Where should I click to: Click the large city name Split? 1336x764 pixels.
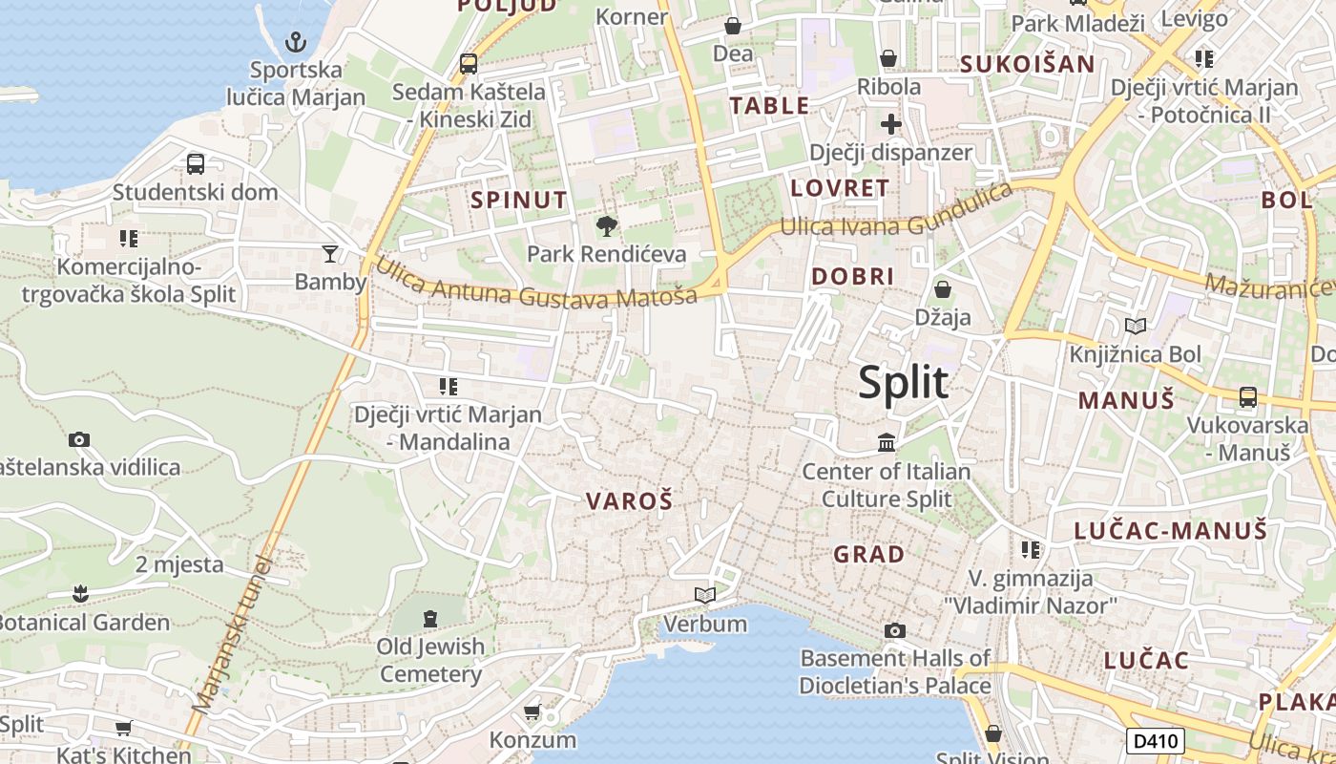(x=903, y=382)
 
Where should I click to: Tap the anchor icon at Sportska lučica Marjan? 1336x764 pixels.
(x=296, y=42)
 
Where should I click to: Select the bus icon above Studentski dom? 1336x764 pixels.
(x=196, y=163)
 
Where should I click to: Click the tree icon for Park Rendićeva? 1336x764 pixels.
(x=606, y=226)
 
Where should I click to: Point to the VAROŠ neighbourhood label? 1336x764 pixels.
(x=629, y=500)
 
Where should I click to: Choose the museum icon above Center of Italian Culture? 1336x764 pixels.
(x=887, y=443)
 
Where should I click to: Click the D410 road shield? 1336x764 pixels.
(x=1156, y=740)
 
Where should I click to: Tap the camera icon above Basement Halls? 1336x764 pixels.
(x=895, y=630)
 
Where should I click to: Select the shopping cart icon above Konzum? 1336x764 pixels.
(x=532, y=711)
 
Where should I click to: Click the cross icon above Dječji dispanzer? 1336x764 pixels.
(x=890, y=124)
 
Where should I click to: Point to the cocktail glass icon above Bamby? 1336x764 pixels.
(x=330, y=253)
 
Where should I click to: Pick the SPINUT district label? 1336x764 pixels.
(x=518, y=200)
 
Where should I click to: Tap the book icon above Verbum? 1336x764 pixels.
(x=705, y=596)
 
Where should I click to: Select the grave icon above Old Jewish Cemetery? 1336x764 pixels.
(x=430, y=619)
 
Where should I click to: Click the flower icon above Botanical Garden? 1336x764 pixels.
(x=80, y=594)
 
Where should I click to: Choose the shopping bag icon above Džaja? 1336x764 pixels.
(x=943, y=288)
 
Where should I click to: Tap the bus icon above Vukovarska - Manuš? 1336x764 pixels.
(x=1247, y=396)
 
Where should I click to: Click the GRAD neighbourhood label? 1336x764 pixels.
(x=868, y=554)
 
